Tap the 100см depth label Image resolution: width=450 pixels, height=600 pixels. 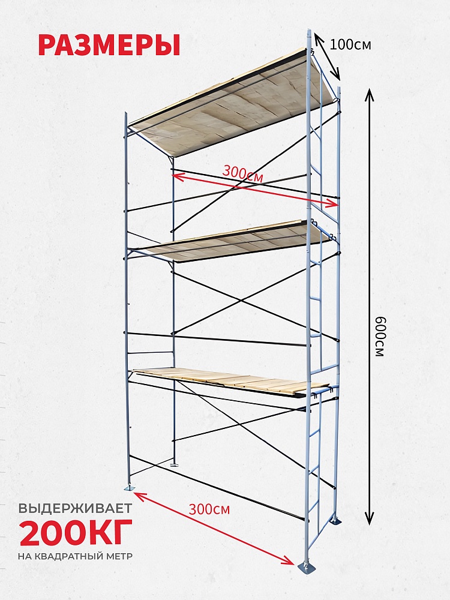350,45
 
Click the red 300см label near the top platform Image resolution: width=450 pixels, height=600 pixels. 242,174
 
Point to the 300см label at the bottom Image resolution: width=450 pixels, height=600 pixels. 209,509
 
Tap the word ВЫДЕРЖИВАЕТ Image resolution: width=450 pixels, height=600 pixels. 76,508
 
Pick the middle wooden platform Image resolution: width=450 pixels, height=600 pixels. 230,241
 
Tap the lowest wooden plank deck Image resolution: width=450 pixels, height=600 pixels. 230,382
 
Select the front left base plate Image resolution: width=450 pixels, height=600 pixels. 128,488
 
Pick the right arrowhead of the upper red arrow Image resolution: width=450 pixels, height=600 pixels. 337,205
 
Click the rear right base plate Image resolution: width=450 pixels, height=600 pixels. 336,521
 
